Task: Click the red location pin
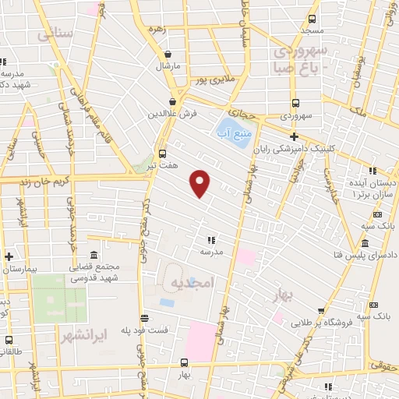point(201,182)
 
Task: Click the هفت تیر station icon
point(162,154)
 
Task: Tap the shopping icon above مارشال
point(168,54)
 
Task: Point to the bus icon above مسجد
point(312,19)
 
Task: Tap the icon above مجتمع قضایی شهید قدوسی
point(94,256)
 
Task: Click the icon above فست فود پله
point(145,318)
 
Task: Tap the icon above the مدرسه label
point(211,240)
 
